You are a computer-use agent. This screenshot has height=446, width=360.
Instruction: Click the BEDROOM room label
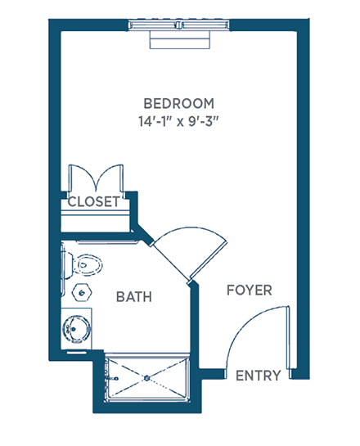pos(179,104)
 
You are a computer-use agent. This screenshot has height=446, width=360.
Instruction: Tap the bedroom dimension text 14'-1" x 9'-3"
pos(179,121)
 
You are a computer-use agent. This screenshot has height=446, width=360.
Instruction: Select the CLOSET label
pos(93,201)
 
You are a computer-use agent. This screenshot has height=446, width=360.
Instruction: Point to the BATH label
pos(134,297)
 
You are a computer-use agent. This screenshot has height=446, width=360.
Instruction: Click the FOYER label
pos(250,291)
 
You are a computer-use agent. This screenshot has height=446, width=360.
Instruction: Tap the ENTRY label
pos(259,376)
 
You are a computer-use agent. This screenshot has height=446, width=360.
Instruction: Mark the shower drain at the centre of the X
pos(146,378)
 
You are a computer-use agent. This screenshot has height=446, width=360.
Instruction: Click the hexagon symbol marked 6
pos(82,292)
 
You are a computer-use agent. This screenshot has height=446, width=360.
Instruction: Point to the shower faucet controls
pos(111,379)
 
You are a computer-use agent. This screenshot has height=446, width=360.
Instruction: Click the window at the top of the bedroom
pos(179,25)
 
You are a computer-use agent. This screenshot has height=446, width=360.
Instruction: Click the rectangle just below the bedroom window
pos(181,39)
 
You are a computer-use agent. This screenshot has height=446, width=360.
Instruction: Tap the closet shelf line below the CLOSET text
pos(96,213)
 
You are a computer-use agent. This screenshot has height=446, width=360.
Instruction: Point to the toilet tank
pos(68,265)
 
